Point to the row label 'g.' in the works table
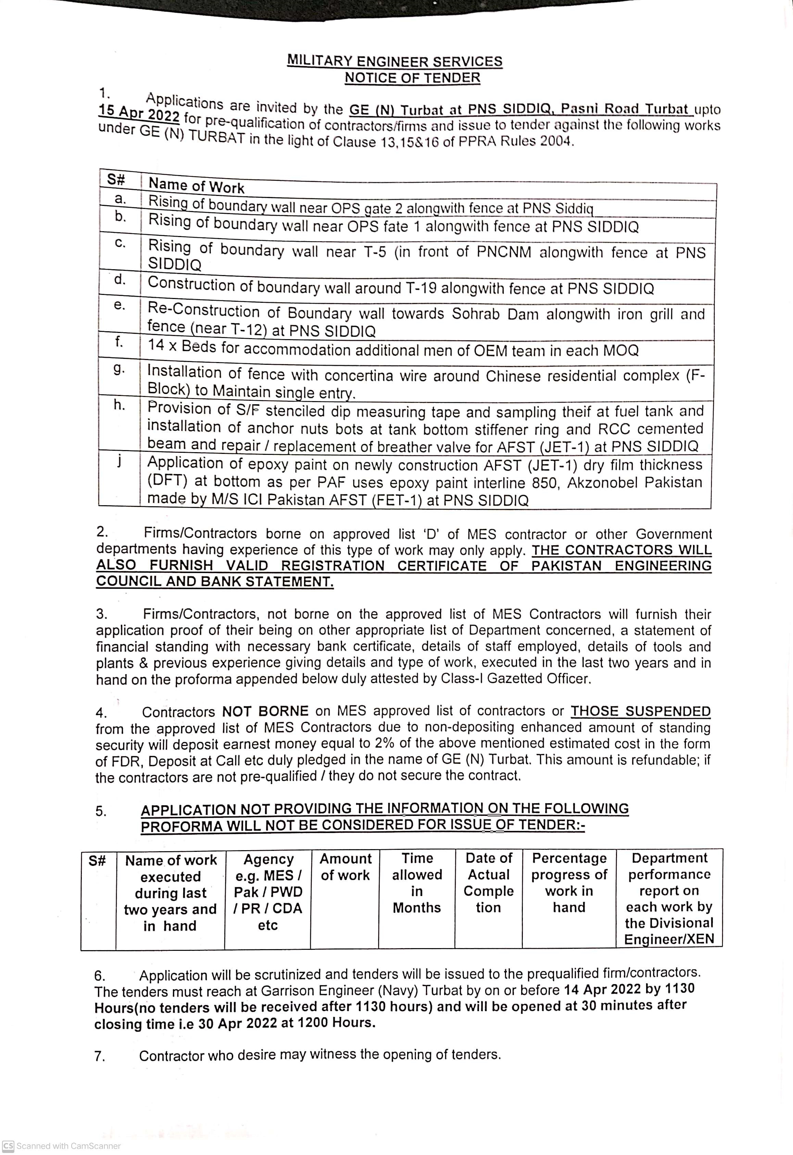(x=119, y=369)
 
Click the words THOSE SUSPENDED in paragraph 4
(x=640, y=711)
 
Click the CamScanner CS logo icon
(x=8, y=1145)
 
